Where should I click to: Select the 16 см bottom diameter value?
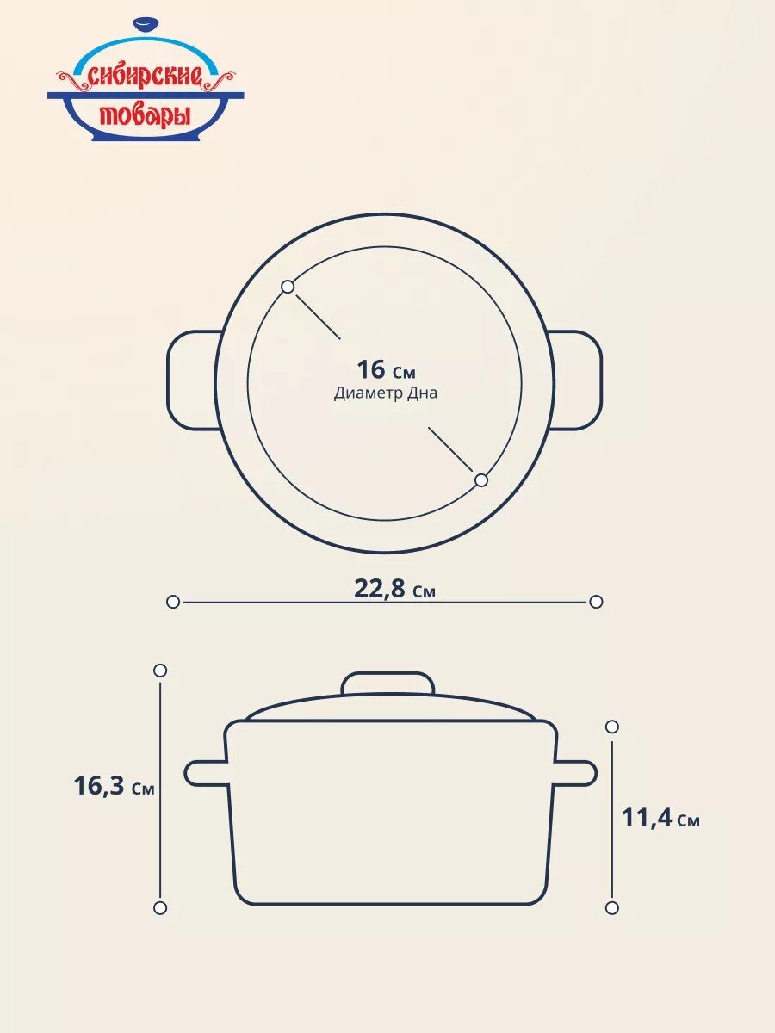coord(387,369)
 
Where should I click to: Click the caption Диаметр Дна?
coord(386,393)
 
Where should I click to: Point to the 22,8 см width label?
coord(394,588)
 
